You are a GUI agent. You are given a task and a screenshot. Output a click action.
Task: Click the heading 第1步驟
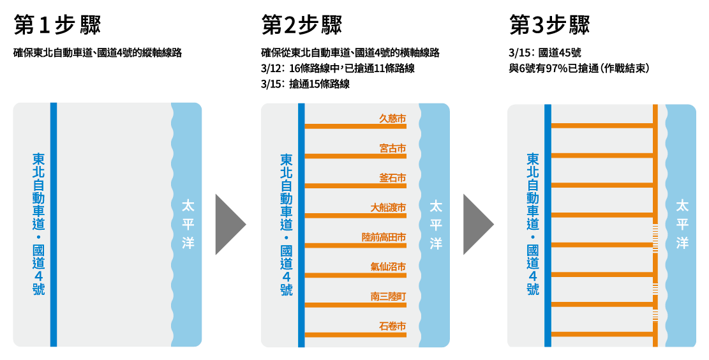point(57,24)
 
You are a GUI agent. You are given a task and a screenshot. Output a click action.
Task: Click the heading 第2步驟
point(302,24)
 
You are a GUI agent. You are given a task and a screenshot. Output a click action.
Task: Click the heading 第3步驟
point(549,24)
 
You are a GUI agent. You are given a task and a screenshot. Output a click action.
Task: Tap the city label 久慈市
point(392,119)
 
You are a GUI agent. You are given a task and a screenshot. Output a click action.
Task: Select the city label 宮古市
point(392,148)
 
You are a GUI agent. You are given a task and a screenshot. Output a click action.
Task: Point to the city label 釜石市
point(392,177)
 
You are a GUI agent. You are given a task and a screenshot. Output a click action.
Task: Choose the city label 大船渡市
point(388,207)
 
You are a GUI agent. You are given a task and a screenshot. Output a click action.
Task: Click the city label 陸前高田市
point(384,237)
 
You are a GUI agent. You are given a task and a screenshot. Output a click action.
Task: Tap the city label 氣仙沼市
point(388,267)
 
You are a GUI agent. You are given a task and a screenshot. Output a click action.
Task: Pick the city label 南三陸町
point(388,297)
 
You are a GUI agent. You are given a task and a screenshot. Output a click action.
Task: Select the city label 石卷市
point(392,326)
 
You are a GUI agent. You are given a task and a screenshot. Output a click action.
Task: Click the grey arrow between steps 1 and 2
point(230,224)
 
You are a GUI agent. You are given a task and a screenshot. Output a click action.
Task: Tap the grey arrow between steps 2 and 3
point(479,224)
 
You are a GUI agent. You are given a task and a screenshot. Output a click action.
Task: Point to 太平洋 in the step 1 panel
point(188,224)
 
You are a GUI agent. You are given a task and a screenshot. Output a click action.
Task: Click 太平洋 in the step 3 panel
point(682,224)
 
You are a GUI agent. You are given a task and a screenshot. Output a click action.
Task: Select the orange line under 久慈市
point(355,126)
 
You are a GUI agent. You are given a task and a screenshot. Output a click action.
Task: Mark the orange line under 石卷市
point(355,334)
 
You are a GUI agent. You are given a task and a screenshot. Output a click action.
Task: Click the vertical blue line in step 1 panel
point(54,225)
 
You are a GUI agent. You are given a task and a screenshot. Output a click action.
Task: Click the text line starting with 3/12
point(338,68)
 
